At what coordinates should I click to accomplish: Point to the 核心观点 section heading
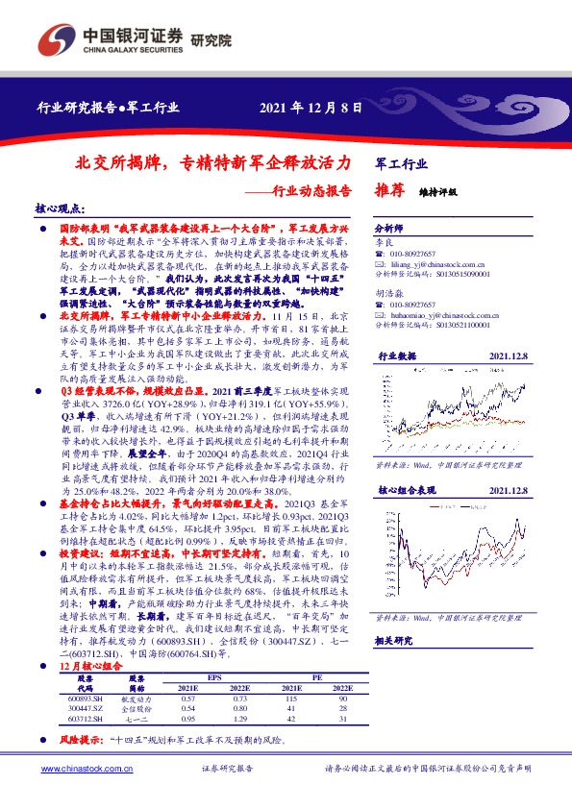[x=60, y=208]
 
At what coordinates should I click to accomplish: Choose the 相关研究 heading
[x=394, y=639]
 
